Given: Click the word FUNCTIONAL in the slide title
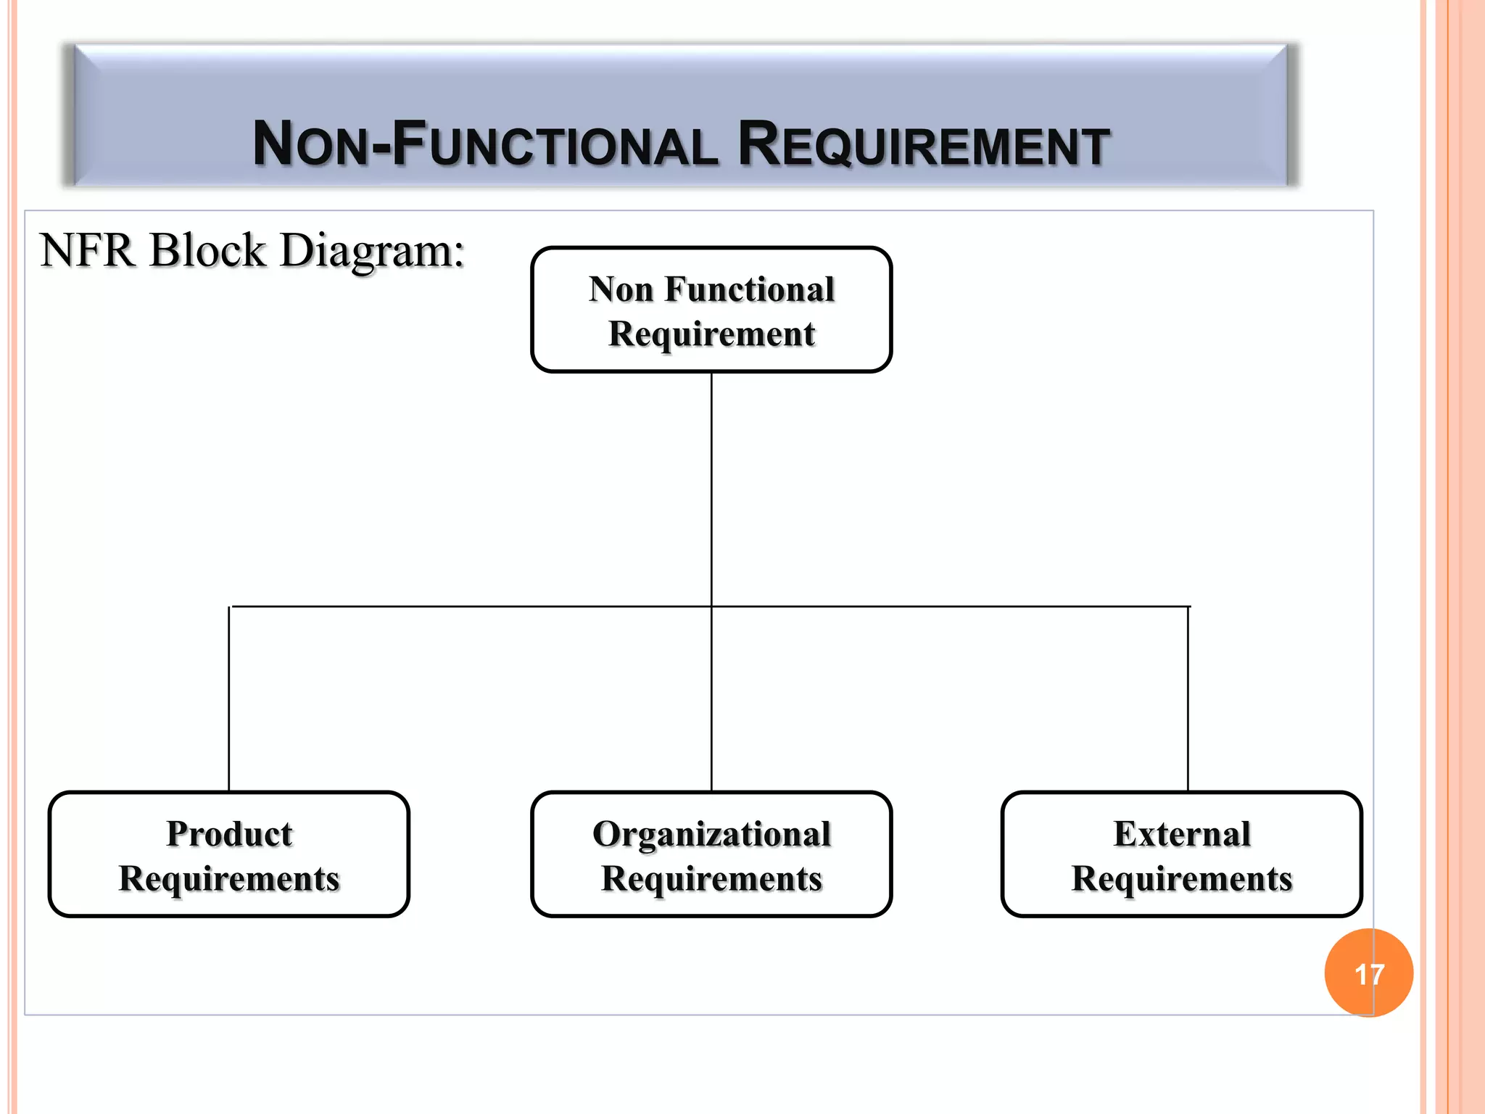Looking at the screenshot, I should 555,144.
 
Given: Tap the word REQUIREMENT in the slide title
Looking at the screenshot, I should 923,144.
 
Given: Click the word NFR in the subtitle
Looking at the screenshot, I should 88,251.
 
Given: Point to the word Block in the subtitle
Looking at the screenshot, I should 208,251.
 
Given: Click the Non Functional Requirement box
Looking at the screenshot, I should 711,310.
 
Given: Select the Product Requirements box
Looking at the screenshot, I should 229,854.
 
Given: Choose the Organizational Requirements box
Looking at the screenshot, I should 711,854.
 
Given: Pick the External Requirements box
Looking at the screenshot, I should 1181,854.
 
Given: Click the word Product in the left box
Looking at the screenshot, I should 229,834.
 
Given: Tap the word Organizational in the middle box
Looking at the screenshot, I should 711,834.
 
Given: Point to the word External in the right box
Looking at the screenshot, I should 1182,834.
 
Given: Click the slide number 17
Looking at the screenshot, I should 1368,973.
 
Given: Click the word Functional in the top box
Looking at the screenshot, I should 750,289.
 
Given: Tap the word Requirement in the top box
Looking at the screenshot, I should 711,334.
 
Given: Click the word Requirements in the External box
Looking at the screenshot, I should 1182,879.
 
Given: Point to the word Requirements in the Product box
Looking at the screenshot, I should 229,879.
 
